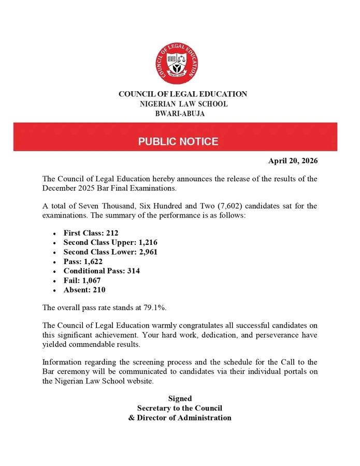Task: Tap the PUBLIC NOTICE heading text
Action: coord(178,142)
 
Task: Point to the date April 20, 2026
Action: coord(293,161)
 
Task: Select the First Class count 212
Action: coord(111,234)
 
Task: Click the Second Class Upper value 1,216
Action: coord(147,243)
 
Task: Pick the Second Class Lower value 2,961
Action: coord(147,252)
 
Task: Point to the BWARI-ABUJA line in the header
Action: coord(180,113)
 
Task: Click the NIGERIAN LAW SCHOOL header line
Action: coord(183,104)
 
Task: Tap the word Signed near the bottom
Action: coord(180,398)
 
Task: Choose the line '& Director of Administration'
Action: coord(180,417)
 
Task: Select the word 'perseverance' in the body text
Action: coord(268,334)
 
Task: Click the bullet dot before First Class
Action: coord(54,234)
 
